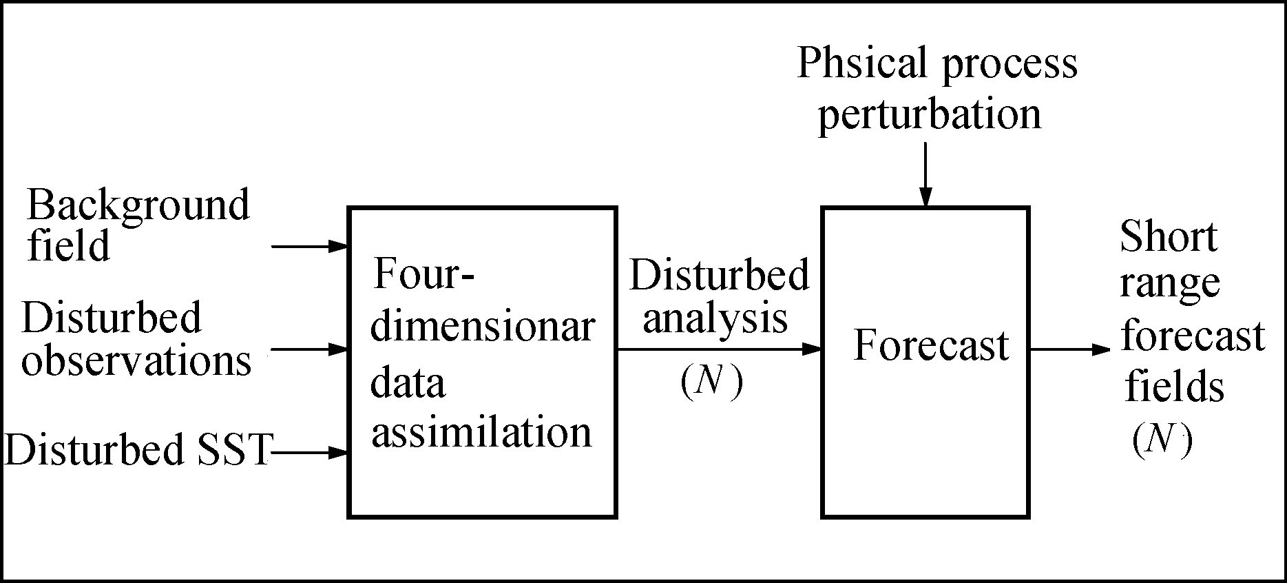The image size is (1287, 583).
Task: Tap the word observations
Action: (x=136, y=360)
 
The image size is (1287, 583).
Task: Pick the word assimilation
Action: (x=481, y=433)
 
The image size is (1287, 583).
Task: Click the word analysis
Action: (x=715, y=319)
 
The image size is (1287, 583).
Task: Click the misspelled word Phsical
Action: (x=861, y=63)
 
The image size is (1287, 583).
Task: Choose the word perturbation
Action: (x=929, y=114)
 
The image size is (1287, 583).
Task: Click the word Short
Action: (x=1168, y=236)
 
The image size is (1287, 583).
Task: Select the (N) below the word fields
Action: (x=1162, y=440)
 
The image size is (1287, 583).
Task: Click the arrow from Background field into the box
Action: (x=310, y=246)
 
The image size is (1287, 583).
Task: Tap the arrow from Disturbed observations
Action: (x=310, y=349)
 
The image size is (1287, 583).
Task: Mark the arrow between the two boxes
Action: (x=719, y=349)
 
